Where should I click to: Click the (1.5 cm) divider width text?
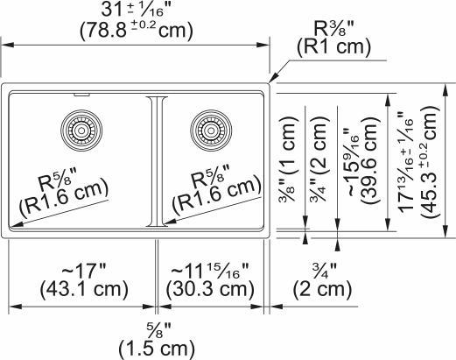(x=156, y=349)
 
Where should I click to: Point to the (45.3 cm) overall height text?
(x=428, y=166)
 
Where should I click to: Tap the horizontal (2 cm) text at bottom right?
(x=307, y=289)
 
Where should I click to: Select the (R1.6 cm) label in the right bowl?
(x=216, y=194)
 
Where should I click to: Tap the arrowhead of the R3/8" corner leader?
(x=270, y=83)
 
